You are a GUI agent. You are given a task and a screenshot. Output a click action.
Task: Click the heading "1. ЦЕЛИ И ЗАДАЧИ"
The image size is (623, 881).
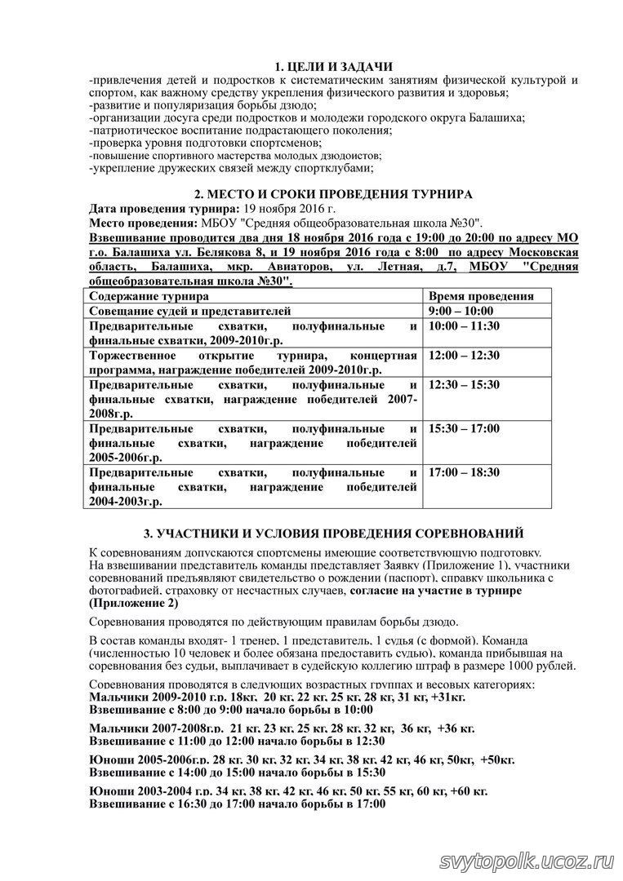click(x=334, y=67)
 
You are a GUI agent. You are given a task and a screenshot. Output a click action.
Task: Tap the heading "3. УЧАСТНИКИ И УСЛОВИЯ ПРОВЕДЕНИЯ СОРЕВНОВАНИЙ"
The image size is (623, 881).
click(x=333, y=534)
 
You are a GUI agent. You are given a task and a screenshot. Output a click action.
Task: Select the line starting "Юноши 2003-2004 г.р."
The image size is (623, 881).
click(x=288, y=791)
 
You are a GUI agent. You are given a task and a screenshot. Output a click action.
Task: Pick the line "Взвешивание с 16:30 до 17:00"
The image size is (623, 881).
click(x=237, y=804)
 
